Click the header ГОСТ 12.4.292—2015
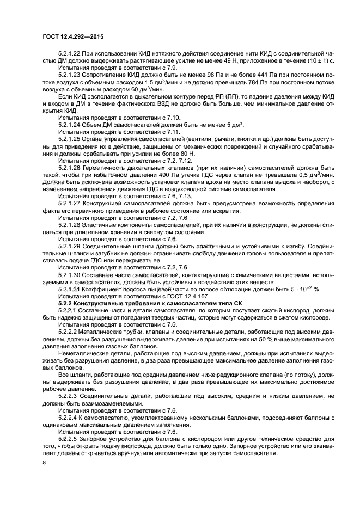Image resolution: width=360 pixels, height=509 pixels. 72,36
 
